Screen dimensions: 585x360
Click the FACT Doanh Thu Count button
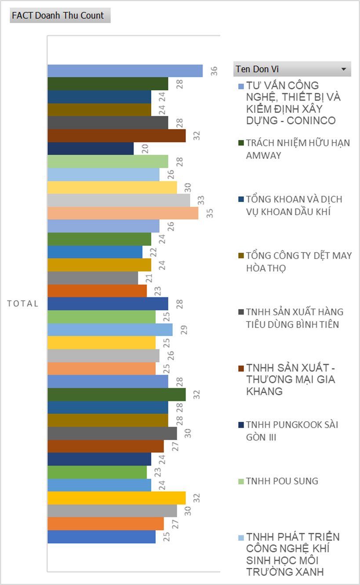click(60, 16)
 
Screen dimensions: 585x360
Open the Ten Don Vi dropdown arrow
click(343, 69)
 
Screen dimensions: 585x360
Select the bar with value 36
click(125, 71)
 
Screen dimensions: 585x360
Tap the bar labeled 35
click(123, 213)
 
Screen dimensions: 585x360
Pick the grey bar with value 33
click(119, 200)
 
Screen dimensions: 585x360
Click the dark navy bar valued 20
click(90, 148)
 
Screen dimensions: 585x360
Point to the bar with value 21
click(92, 278)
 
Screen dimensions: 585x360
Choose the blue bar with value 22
click(95, 252)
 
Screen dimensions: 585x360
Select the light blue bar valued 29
click(110, 330)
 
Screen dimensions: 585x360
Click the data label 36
click(214, 71)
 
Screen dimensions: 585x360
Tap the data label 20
click(145, 148)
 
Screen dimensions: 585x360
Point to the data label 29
click(184, 330)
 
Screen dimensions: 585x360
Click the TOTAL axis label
click(23, 304)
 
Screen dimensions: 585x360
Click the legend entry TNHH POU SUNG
click(282, 481)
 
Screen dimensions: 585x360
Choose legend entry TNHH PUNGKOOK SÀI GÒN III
click(291, 431)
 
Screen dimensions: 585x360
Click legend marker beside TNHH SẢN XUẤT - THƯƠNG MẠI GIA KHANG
click(240, 368)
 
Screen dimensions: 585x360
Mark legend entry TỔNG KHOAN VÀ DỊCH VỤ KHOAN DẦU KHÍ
click(294, 205)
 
